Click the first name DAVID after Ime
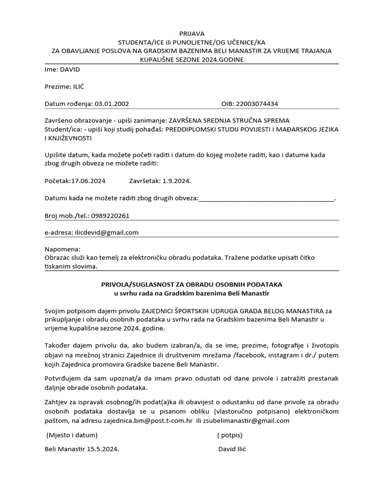(x=70, y=69)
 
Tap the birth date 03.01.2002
(x=112, y=104)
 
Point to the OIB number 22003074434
(x=257, y=104)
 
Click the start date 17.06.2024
(x=88, y=181)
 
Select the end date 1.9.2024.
(x=173, y=181)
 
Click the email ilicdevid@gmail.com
(x=107, y=232)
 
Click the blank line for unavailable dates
(x=267, y=198)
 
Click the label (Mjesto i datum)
(x=72, y=435)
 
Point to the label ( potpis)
(x=229, y=435)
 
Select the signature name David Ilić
(x=232, y=449)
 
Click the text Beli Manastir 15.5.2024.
(x=82, y=449)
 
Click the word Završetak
(x=145, y=181)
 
